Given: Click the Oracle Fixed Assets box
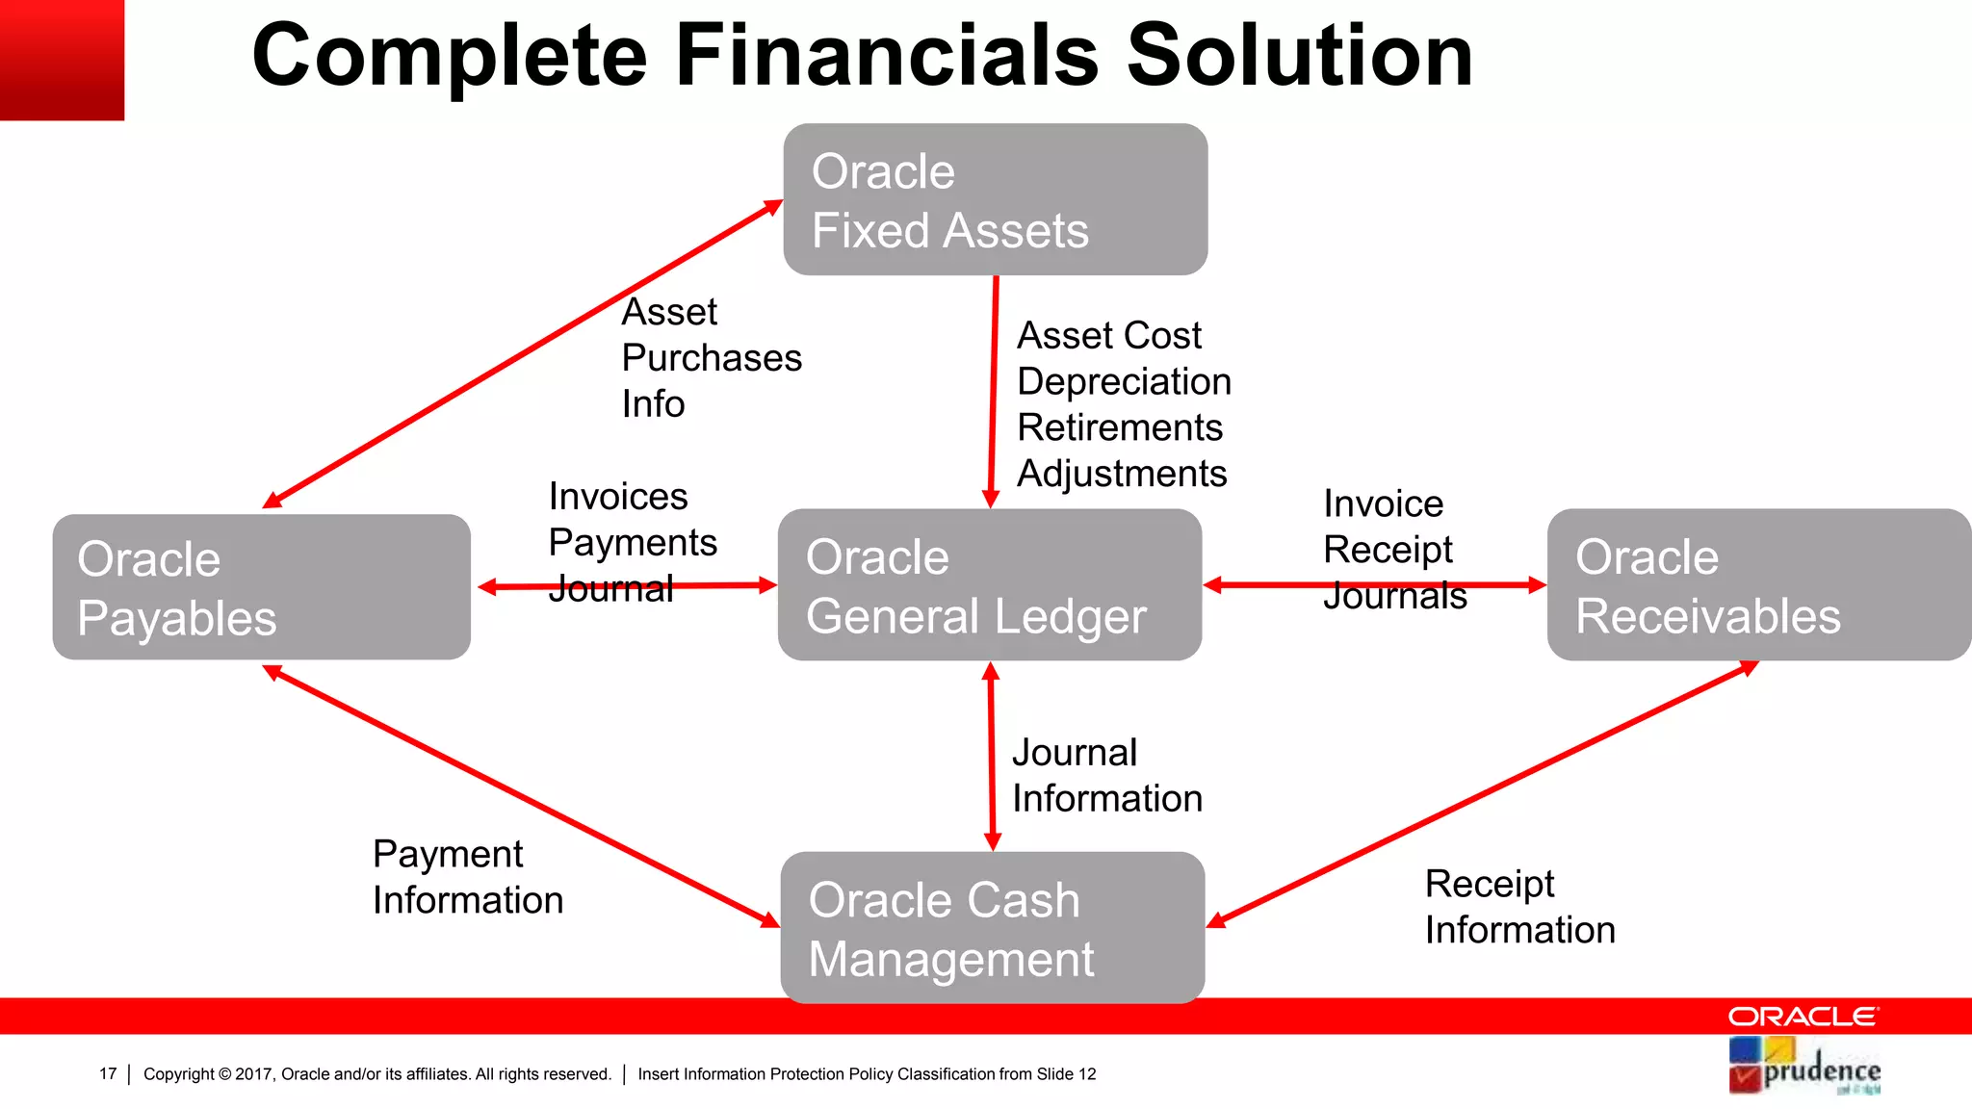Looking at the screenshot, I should point(995,199).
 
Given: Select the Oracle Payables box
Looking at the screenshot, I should point(261,587).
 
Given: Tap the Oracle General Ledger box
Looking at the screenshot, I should point(989,585).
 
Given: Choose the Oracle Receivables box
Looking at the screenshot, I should point(1758,585).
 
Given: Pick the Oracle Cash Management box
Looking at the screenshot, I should point(992,928).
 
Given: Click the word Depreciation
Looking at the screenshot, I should point(1124,382).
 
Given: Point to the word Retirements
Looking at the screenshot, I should point(1119,427).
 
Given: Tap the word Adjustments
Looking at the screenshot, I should point(1122,474).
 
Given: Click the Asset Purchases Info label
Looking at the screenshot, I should point(711,358).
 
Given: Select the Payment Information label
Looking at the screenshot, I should point(467,877).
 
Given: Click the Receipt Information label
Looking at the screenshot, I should point(1518,907).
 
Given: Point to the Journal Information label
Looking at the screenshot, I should point(1106,776).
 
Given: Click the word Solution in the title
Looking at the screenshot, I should point(1300,56).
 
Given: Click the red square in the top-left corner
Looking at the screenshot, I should point(62,60).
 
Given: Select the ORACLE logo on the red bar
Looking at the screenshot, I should point(1803,1017).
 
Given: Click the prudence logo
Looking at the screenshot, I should point(1804,1067).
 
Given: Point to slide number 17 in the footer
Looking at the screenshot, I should point(108,1074).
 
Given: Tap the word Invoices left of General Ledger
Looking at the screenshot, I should point(618,497).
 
